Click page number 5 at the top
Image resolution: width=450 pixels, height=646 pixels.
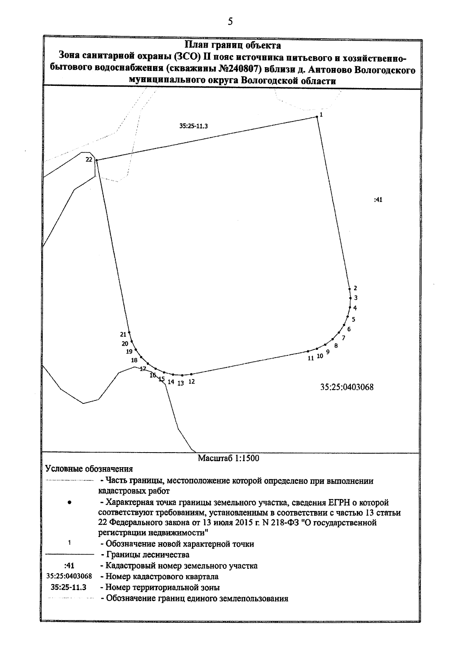coord(230,22)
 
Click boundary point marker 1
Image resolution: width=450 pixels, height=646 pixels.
coord(317,117)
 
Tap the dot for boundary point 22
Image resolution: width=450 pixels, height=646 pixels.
coord(97,160)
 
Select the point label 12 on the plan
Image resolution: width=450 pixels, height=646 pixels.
coord(192,382)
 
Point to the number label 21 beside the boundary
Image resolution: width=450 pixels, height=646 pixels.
coord(123,334)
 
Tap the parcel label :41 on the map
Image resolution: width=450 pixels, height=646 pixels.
coord(378,200)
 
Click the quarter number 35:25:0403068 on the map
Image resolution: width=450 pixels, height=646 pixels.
coord(347,387)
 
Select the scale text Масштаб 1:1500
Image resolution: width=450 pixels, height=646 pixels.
coord(228,458)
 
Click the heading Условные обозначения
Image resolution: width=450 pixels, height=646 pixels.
coord(89,469)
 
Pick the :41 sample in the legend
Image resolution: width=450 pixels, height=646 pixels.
coord(69,566)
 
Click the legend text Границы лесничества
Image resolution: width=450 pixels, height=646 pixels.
coord(147,555)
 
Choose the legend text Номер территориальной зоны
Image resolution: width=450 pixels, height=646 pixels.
coord(162,588)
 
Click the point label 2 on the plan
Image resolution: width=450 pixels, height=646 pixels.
coord(355,288)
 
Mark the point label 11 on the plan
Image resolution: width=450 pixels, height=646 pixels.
coord(310,358)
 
